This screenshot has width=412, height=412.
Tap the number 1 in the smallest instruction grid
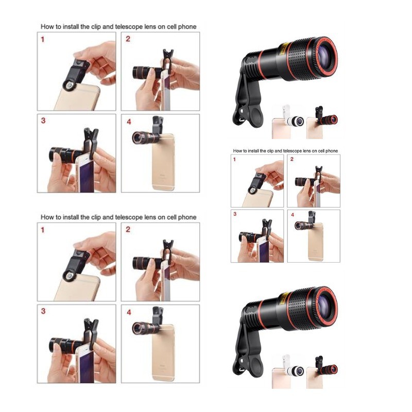click(x=234, y=160)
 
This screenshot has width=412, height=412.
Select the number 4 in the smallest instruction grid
click(x=293, y=215)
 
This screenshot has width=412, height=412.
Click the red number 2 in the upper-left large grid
click(x=128, y=39)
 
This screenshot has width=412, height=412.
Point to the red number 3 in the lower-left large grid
click(x=43, y=311)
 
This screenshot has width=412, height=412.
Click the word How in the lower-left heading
click(x=46, y=217)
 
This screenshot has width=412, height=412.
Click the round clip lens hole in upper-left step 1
click(x=69, y=85)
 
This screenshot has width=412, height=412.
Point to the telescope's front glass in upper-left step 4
click(x=136, y=138)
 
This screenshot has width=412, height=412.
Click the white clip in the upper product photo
click(x=286, y=112)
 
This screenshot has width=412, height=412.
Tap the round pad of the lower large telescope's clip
click(x=254, y=366)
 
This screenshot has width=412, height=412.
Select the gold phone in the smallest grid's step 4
click(x=315, y=242)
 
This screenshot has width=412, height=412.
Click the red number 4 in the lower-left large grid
click(x=129, y=313)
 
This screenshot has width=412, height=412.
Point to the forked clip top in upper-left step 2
click(x=168, y=54)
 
